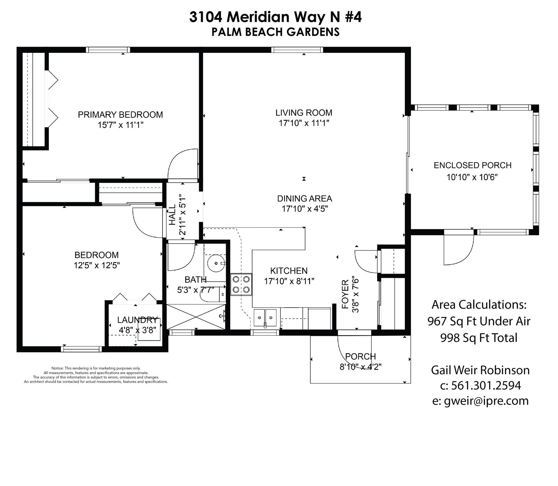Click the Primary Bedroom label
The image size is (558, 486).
tap(120, 115)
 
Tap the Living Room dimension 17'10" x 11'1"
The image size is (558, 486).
tap(304, 123)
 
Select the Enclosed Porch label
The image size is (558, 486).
tap(472, 165)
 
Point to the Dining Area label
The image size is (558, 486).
tap(305, 198)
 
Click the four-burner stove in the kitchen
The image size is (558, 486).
tap(241, 284)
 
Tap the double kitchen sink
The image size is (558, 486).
tap(265, 317)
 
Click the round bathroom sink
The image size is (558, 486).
tap(216, 263)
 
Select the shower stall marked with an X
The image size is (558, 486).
tap(196, 317)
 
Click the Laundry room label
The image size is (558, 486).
tap(137, 320)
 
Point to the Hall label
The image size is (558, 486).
tap(172, 215)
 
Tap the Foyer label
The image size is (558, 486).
tap(345, 294)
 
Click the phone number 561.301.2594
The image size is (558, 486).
tap(486, 385)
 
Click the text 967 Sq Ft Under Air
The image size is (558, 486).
tap(479, 321)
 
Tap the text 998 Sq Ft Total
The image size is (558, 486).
tap(479, 338)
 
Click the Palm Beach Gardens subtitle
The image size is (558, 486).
tap(276, 32)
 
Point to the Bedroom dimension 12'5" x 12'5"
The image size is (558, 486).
tap(97, 265)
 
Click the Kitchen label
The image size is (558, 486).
tap(289, 271)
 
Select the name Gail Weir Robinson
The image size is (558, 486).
tap(480, 370)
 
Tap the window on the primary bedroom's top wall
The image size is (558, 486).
tap(108, 50)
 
